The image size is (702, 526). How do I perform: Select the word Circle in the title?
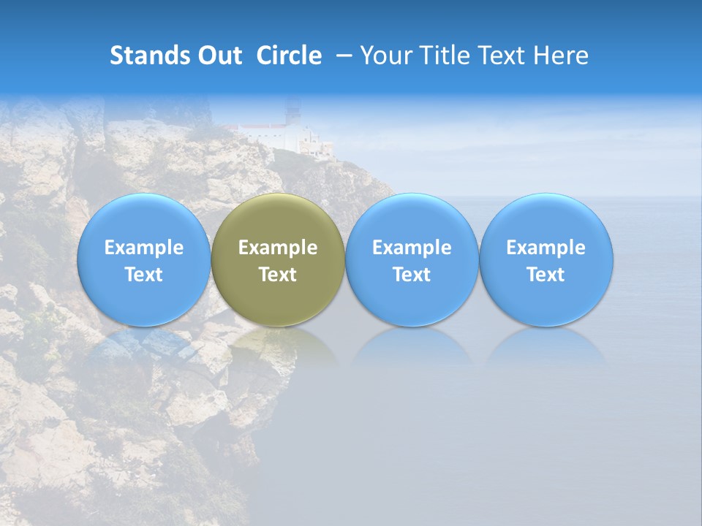pyautogui.click(x=289, y=56)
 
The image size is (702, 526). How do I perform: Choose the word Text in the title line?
pyautogui.click(x=499, y=56)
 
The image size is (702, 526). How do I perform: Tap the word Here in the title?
pyautogui.click(x=561, y=56)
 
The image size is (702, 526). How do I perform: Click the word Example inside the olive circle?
pyautogui.click(x=278, y=248)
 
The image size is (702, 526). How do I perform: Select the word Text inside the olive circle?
pyautogui.click(x=278, y=275)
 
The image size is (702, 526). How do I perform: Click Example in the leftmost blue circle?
pyautogui.click(x=144, y=248)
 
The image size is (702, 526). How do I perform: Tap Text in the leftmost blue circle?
pyautogui.click(x=144, y=275)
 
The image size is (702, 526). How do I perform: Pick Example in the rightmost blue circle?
pyautogui.click(x=546, y=248)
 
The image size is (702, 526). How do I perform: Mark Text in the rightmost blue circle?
pyautogui.click(x=546, y=275)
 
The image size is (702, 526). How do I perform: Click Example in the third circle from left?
pyautogui.click(x=412, y=248)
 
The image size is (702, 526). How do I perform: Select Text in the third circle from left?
pyautogui.click(x=412, y=275)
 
